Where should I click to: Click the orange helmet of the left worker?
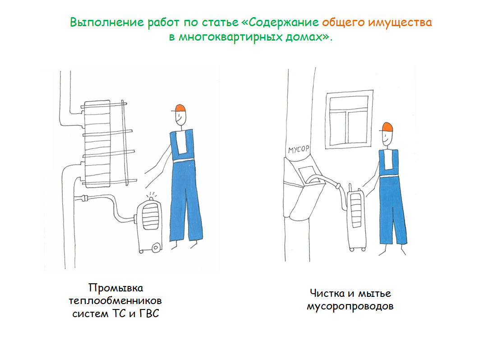180,108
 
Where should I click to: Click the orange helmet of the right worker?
387,127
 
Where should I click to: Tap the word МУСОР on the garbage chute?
299,149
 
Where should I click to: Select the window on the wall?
349,119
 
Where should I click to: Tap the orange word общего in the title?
343,23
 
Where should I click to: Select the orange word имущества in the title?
400,23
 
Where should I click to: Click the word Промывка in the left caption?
116,288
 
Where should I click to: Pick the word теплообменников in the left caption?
115,301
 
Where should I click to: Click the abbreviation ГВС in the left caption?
149,314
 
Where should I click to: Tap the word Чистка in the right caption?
327,293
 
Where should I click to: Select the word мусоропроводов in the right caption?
350,306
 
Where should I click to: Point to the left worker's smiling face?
180,118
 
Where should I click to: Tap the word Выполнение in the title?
107,23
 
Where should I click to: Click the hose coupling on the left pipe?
84,198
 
